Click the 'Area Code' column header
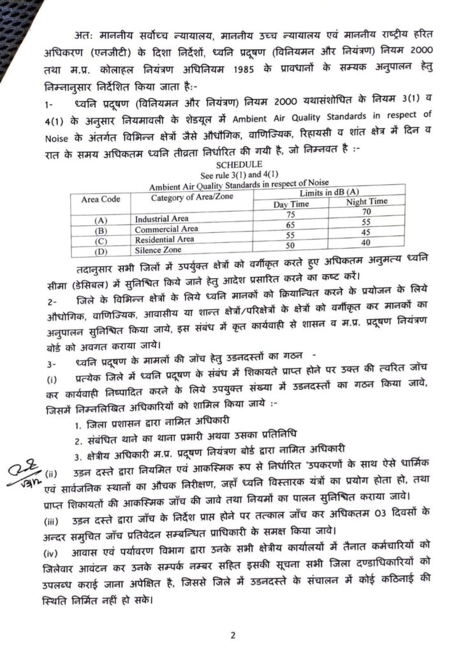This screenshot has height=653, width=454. tap(101, 199)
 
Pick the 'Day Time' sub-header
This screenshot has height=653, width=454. tap(291, 203)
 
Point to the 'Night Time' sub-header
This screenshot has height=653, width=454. tap(366, 202)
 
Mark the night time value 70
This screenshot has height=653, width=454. tap(365, 212)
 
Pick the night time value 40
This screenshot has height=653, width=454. tap(365, 242)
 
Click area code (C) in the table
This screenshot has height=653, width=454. tap(100, 242)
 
